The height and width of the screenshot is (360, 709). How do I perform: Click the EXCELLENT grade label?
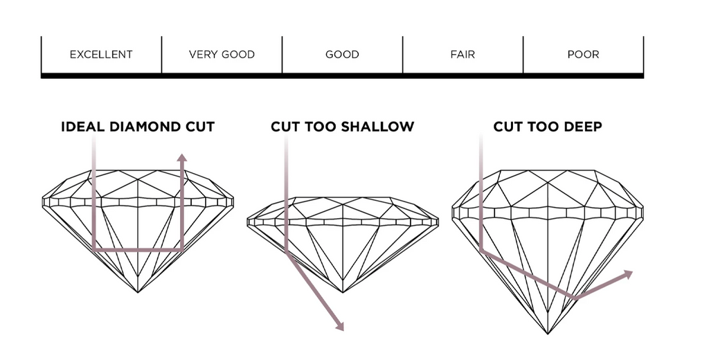click(x=101, y=55)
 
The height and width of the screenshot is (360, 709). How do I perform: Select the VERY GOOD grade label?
click(x=222, y=55)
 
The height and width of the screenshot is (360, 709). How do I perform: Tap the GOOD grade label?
click(x=342, y=55)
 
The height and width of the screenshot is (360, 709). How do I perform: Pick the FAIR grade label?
click(x=463, y=55)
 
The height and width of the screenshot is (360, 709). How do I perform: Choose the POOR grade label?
click(x=583, y=55)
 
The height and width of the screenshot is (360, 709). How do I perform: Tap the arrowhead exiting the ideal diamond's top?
click(x=182, y=157)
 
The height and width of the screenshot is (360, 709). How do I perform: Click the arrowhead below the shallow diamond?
click(x=339, y=326)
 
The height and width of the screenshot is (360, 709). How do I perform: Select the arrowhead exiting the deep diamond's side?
click(x=627, y=273)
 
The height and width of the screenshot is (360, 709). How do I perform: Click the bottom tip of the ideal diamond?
click(x=138, y=292)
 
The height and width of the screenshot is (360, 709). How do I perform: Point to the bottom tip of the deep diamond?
click(x=548, y=334)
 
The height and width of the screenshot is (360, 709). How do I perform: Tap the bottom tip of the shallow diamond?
click(x=343, y=292)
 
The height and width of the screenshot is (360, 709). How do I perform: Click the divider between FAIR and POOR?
click(x=523, y=55)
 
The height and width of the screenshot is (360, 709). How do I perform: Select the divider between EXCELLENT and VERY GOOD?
click(x=161, y=55)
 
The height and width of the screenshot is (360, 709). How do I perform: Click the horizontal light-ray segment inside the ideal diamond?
click(x=138, y=250)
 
